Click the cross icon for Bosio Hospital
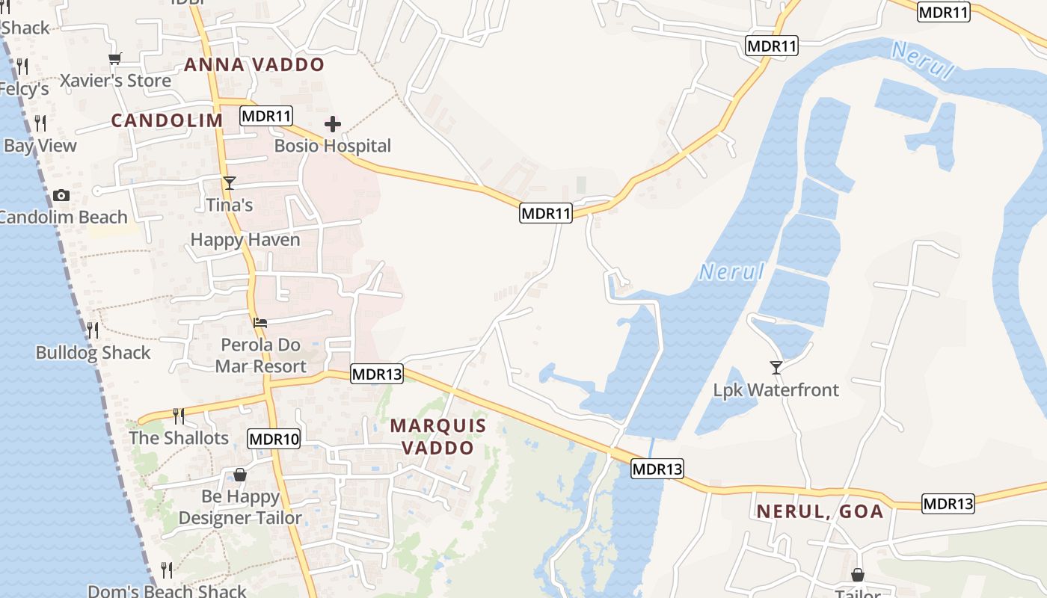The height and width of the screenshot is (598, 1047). coord(333,124)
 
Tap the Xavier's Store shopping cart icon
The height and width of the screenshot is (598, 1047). coord(114,58)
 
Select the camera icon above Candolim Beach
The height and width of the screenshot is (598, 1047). coord(61,196)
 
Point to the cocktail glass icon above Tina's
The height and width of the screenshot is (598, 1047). coord(229,183)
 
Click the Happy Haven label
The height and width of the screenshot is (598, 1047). coord(245,240)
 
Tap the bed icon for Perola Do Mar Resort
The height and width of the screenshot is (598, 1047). coord(260,323)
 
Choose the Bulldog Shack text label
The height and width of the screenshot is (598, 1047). coord(93,353)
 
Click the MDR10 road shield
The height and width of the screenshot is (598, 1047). coord(274,439)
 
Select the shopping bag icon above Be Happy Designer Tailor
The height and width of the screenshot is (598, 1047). coord(239,475)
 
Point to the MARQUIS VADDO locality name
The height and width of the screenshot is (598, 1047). coord(438,437)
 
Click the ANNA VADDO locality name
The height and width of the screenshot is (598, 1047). coord(254,64)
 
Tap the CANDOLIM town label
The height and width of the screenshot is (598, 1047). coord(168,120)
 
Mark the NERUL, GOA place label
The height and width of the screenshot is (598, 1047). coord(820,512)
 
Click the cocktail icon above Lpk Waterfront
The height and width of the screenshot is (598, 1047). coord(776,367)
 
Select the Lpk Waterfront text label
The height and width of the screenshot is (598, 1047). coord(776,389)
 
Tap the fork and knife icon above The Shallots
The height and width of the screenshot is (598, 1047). coord(178,416)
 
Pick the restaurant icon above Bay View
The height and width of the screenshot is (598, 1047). coord(40,123)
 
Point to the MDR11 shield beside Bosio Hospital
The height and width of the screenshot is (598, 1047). coord(266,116)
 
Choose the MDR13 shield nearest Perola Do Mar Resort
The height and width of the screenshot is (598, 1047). coord(377,374)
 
